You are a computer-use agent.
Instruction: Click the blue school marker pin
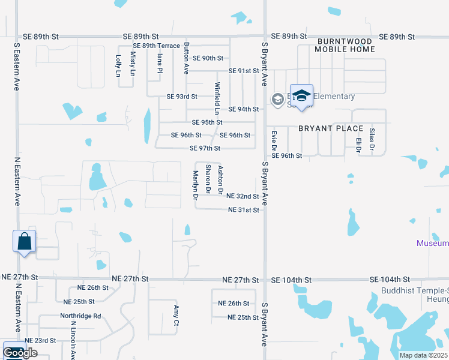[x=301, y=95]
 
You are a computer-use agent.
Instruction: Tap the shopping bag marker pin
[x=24, y=242]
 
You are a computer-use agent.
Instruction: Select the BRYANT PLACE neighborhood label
[x=331, y=128]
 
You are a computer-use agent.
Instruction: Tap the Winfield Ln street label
[x=217, y=98]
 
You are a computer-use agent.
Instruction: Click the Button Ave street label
[x=187, y=58]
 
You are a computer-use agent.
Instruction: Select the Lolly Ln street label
[x=118, y=65]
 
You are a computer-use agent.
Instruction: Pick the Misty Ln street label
[x=133, y=64]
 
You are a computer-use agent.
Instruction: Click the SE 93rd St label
[x=181, y=97]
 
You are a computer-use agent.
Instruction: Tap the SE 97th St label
[x=205, y=148]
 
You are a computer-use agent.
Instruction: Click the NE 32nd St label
[x=243, y=196]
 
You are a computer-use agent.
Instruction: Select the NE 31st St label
[x=244, y=210]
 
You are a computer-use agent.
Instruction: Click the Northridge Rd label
[x=80, y=316]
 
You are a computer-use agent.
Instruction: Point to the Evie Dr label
[x=274, y=140]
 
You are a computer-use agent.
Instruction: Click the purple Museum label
[x=433, y=243]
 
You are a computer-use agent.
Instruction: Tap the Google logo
[x=20, y=353]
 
